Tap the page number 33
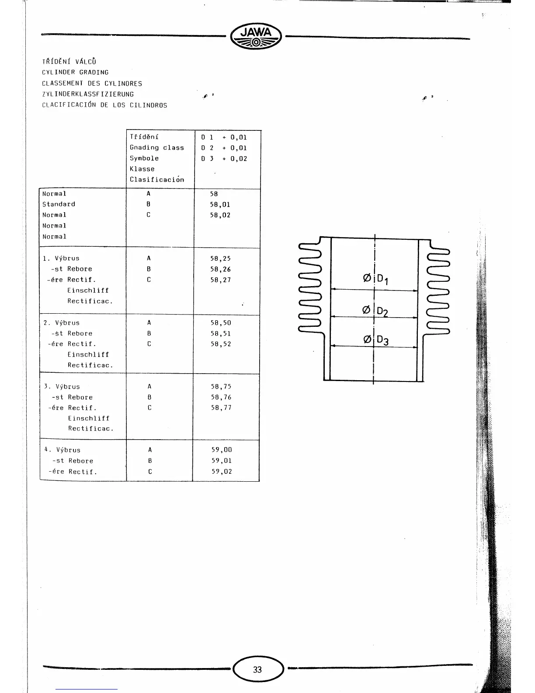(x=257, y=669)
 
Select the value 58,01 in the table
(x=220, y=204)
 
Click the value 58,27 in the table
(x=220, y=280)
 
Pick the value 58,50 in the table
(x=221, y=323)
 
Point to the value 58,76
(x=221, y=397)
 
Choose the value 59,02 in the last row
(x=222, y=472)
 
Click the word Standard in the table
(x=59, y=204)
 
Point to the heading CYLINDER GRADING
(x=75, y=73)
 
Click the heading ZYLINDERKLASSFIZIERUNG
(x=88, y=94)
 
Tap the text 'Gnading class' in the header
(x=156, y=148)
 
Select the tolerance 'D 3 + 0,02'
(x=224, y=158)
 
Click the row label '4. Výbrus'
(x=63, y=450)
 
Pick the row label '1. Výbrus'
(x=61, y=259)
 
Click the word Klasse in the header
(x=142, y=169)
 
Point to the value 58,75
(x=221, y=387)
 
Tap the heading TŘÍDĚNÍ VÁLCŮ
(x=69, y=62)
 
